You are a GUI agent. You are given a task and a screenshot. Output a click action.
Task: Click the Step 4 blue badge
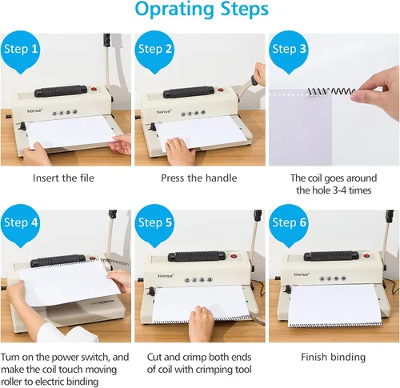tap(21, 226)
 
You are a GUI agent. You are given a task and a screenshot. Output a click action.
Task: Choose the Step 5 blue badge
tap(154, 226)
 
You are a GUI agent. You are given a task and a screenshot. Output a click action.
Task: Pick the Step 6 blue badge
tap(289, 226)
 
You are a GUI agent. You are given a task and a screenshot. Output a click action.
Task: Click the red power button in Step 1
tap(94, 89)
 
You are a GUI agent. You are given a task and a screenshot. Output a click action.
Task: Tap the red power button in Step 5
tap(234, 256)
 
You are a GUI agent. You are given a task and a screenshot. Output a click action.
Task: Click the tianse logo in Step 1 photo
tap(34, 110)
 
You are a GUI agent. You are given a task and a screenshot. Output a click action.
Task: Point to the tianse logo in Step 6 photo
tap(302, 274)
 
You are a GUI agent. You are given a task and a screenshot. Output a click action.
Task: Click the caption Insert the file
tap(63, 178)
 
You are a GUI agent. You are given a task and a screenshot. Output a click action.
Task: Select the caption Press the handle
tap(199, 178)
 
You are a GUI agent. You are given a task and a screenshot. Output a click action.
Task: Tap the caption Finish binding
tap(333, 358)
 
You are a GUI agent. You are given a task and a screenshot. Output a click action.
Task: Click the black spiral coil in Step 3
tap(331, 92)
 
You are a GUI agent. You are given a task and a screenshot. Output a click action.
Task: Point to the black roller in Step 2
tap(189, 92)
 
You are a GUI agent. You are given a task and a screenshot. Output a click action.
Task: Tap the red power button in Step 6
tap(366, 256)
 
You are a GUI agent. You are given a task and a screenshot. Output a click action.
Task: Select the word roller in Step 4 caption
tap(12, 382)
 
